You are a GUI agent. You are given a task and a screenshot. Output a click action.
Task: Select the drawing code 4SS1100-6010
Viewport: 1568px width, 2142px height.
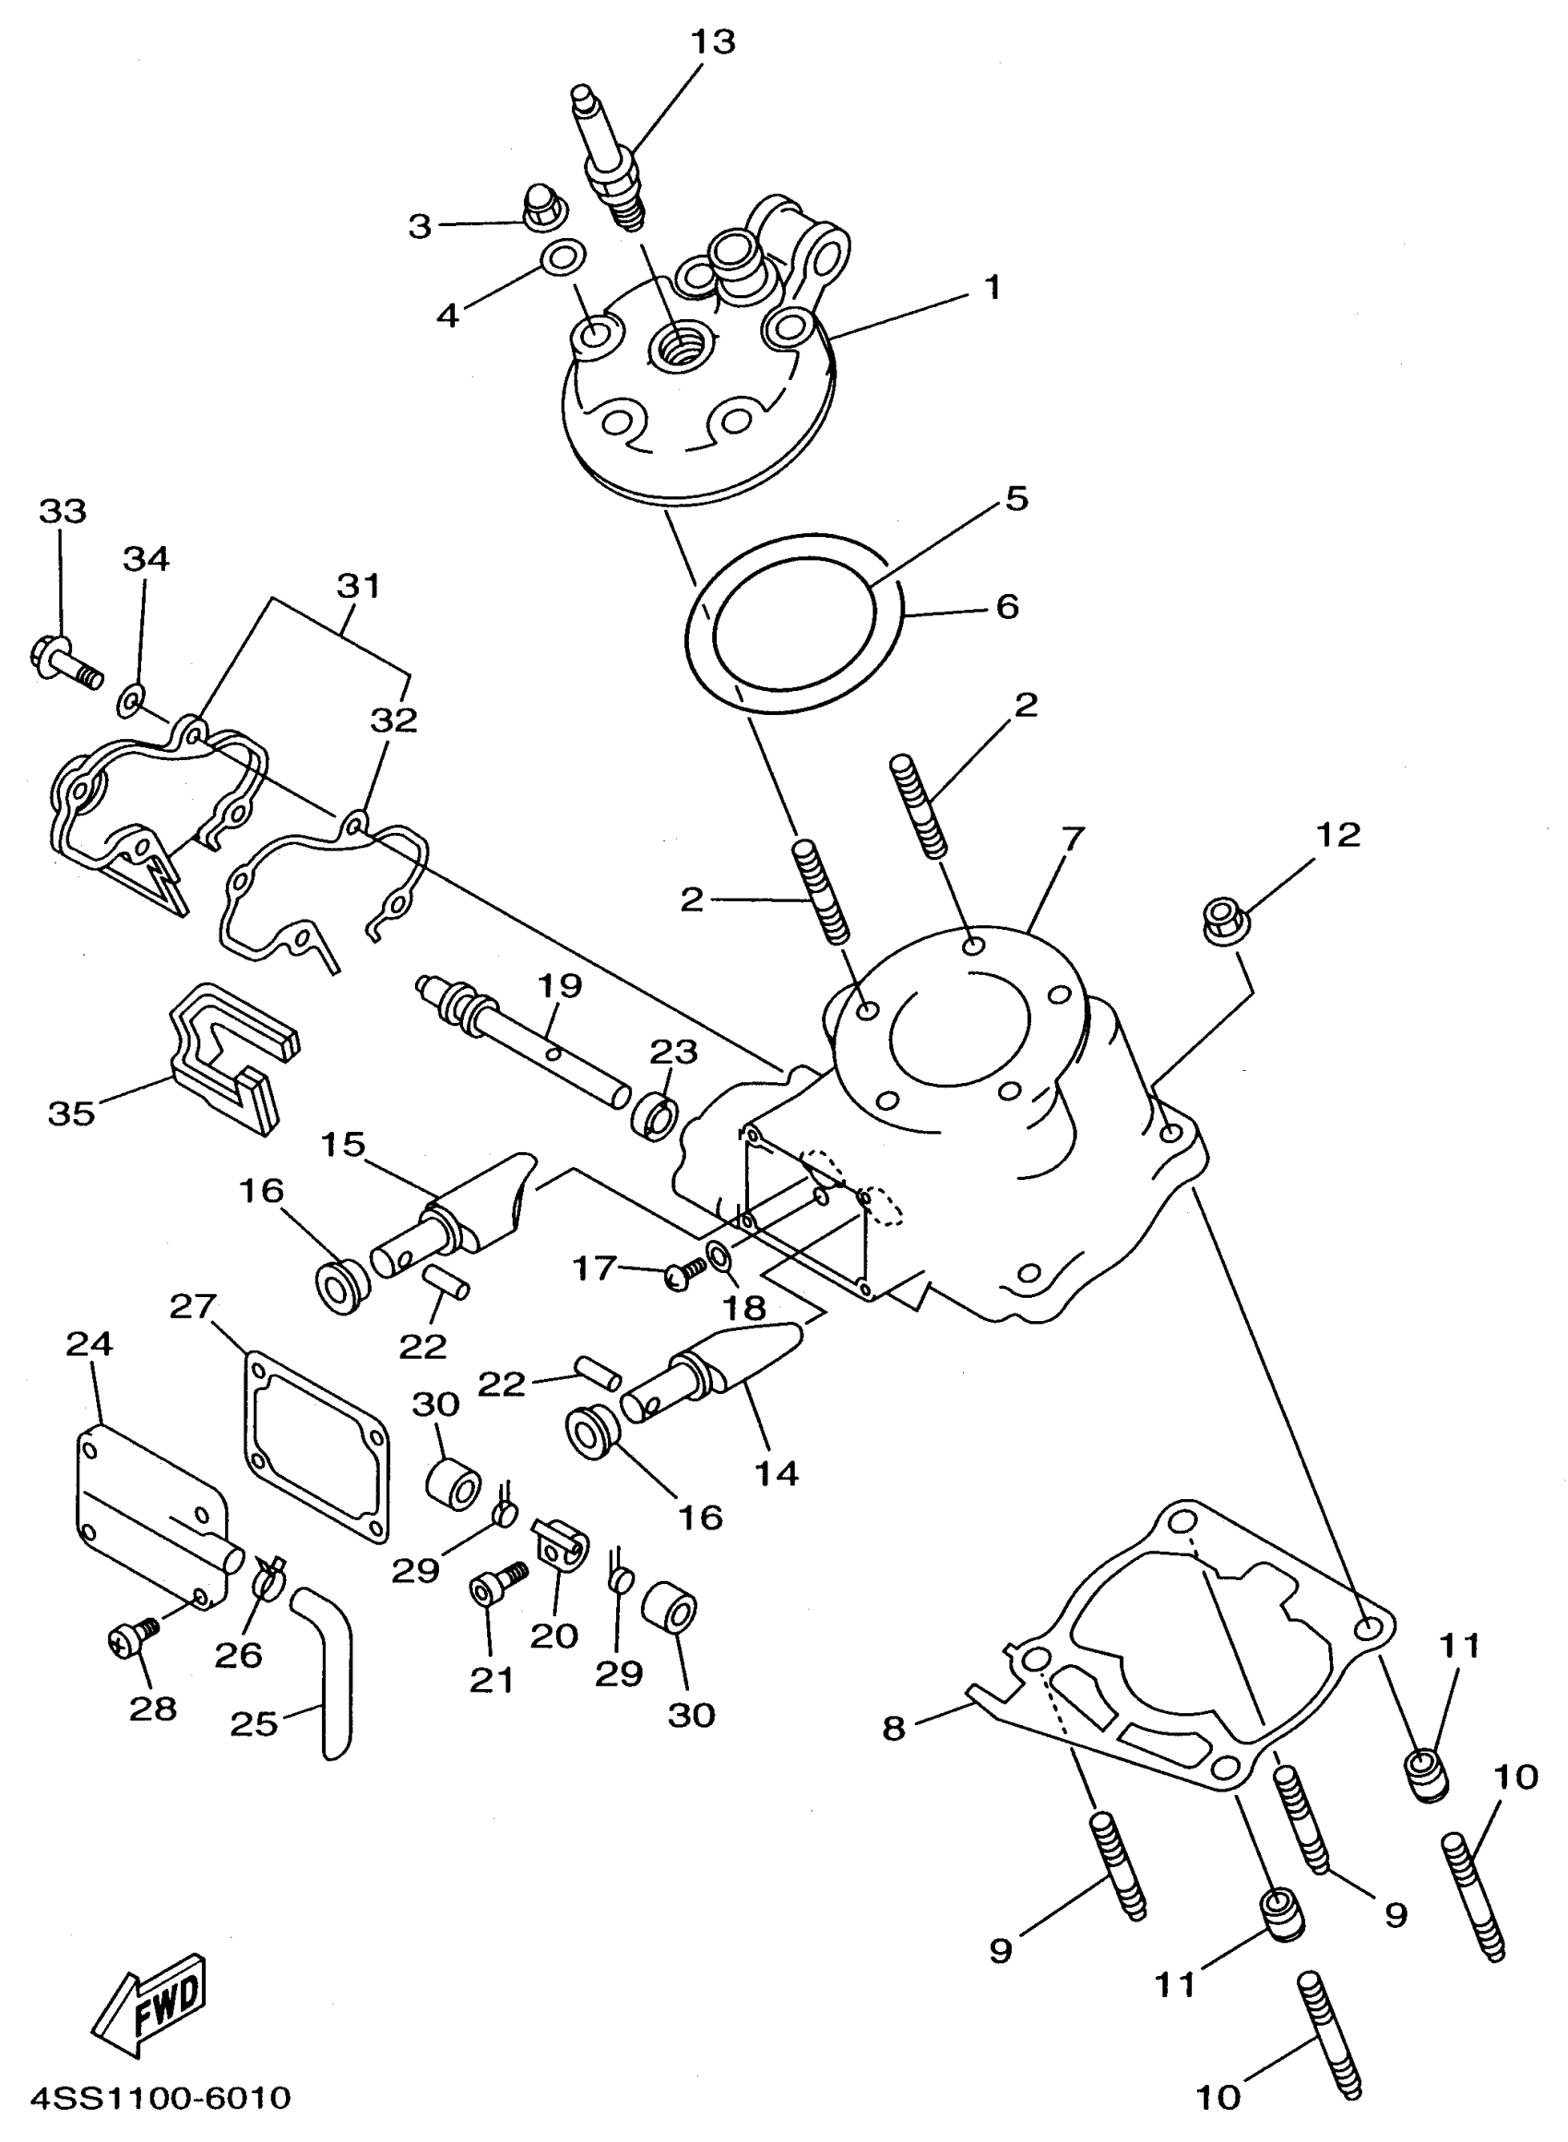pos(160,2097)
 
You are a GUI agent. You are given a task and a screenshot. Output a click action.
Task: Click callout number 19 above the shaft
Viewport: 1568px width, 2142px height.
pos(560,986)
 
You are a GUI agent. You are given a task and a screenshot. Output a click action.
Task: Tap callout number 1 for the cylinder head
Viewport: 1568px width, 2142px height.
pos(992,287)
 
